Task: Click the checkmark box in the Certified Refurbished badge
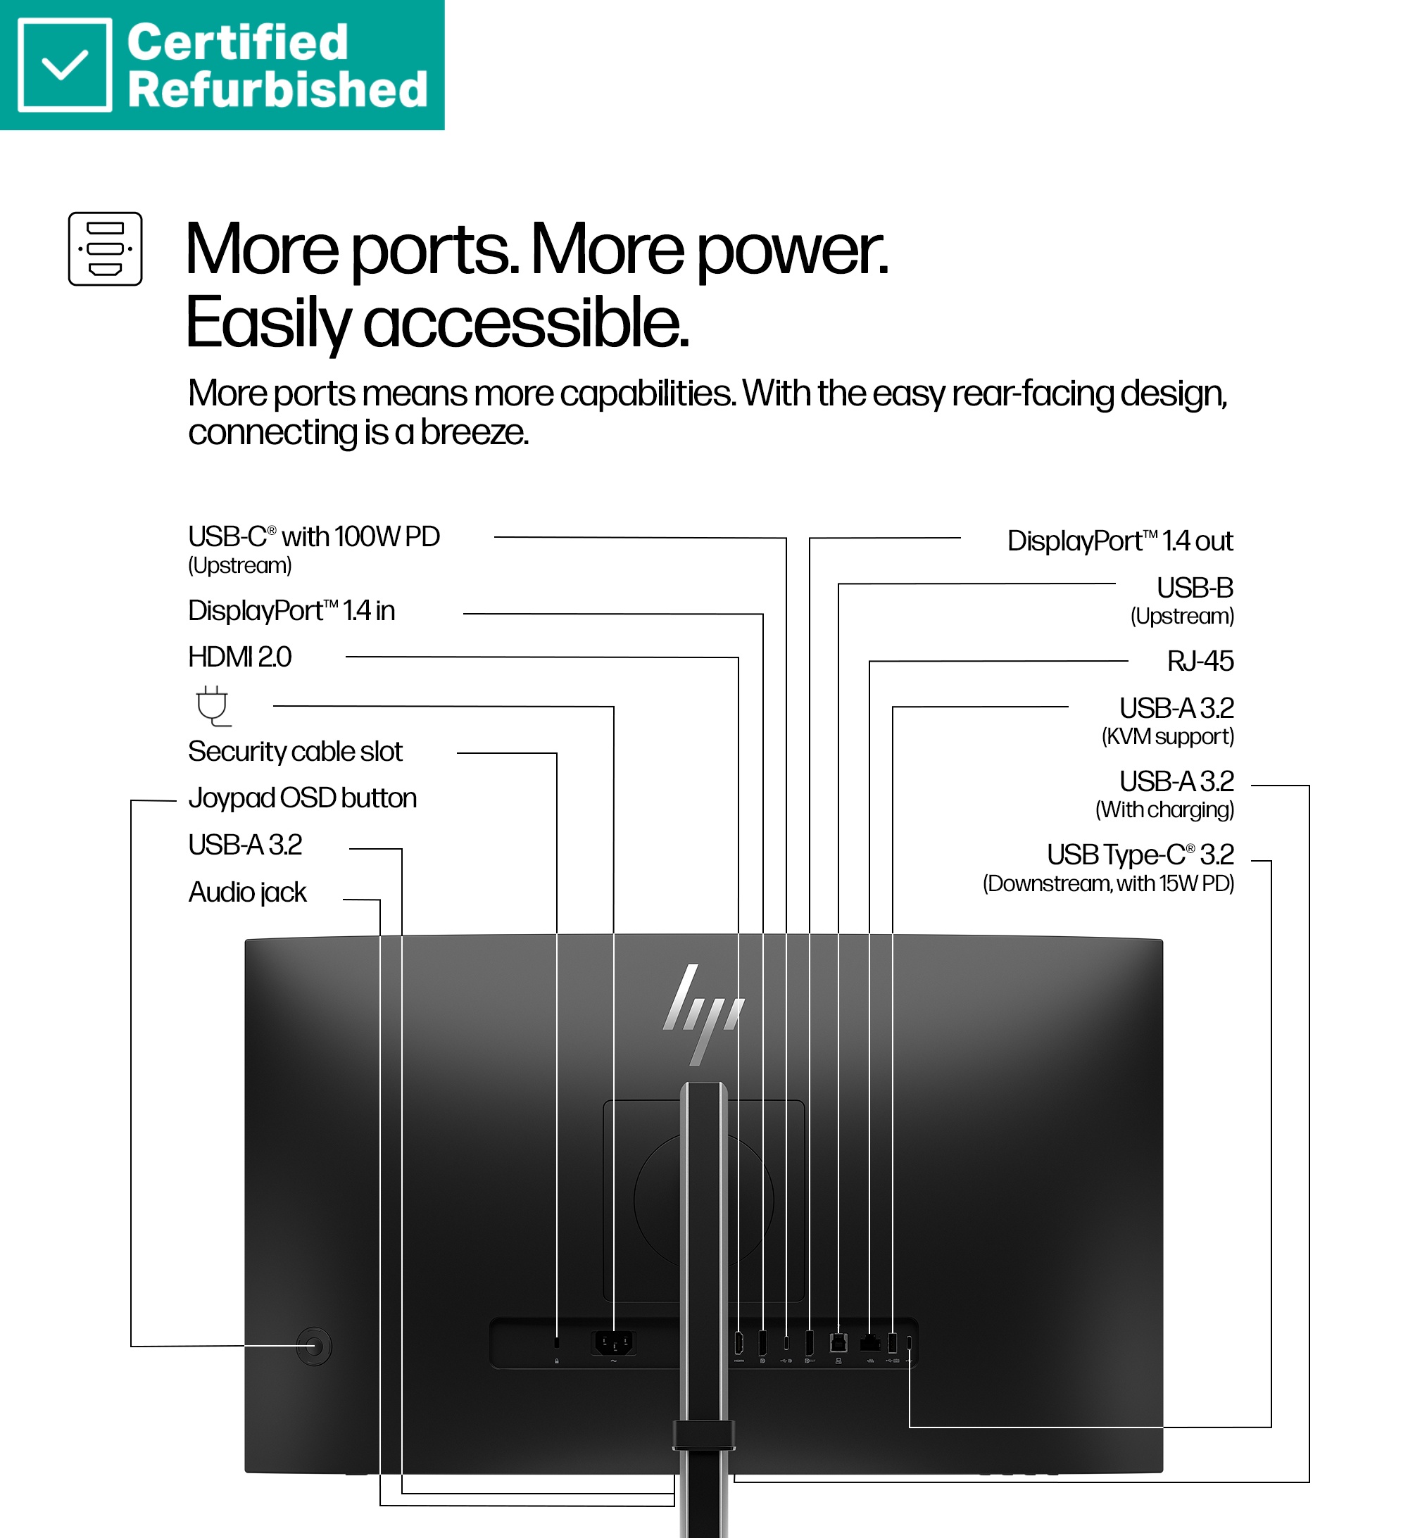point(65,65)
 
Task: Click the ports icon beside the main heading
point(106,248)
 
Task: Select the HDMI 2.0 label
point(239,657)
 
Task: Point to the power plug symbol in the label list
point(213,706)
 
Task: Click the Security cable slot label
point(296,752)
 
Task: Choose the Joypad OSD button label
point(303,799)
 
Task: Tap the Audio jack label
point(248,893)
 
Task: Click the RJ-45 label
point(1200,662)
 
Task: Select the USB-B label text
point(1195,588)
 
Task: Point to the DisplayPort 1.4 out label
point(1120,541)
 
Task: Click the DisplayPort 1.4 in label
point(291,611)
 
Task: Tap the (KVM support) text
point(1168,737)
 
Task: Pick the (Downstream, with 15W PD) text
point(1108,884)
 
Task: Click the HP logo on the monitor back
point(703,1014)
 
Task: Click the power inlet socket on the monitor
point(614,1343)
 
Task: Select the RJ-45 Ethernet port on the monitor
point(870,1344)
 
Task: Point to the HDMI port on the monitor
point(738,1343)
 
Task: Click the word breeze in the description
point(474,433)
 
